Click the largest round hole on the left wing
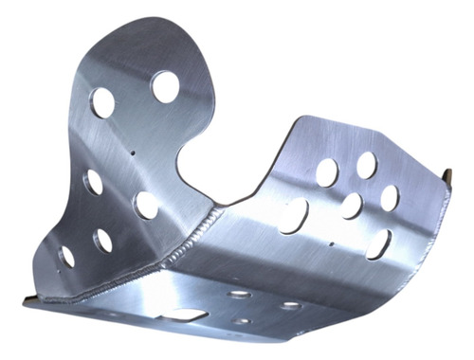[x=166, y=86]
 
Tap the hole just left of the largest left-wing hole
[x=103, y=101]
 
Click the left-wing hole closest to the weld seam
[x=146, y=204]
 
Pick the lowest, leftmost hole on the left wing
[x=66, y=256]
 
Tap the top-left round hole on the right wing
[x=327, y=171]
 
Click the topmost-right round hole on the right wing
[x=366, y=165]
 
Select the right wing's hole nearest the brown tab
[x=390, y=197]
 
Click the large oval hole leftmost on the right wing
[x=294, y=215]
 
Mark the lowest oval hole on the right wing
[x=378, y=243]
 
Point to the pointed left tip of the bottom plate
[x=27, y=301]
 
